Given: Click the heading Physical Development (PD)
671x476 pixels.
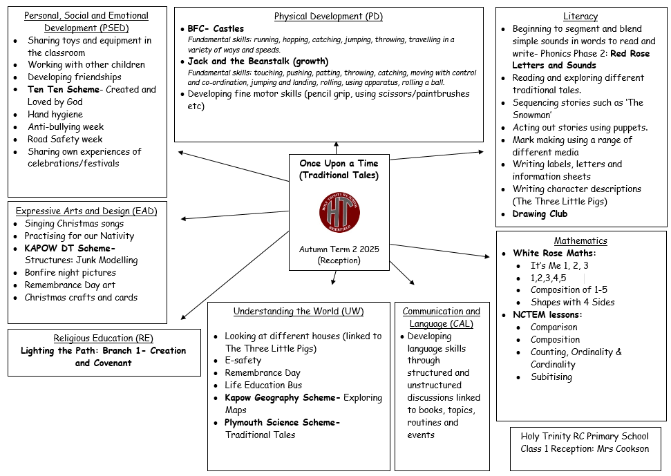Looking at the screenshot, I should pyautogui.click(x=328, y=17).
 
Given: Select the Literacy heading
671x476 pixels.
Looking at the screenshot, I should pyautogui.click(x=580, y=17).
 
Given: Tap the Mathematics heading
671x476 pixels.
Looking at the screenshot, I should pyautogui.click(x=580, y=241).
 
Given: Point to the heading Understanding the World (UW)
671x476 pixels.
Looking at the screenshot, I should pyautogui.click(x=299, y=312).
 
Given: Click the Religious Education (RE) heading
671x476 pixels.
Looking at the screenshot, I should pyautogui.click(x=103, y=339).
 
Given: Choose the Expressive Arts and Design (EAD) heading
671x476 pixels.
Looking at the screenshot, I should pyautogui.click(x=86, y=211).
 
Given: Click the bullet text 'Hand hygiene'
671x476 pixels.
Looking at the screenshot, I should pyautogui.click(x=55, y=115).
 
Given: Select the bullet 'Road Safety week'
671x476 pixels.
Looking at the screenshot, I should pyautogui.click(x=65, y=140).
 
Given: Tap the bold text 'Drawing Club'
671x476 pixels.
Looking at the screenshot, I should pyautogui.click(x=540, y=214).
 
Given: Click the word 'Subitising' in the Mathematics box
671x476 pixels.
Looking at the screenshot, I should pyautogui.click(x=551, y=377).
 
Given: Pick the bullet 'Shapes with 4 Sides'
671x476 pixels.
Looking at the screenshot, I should pyautogui.click(x=572, y=303).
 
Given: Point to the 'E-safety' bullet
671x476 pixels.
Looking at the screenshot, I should pyautogui.click(x=243, y=361).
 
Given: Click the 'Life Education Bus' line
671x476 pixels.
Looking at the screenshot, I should pyautogui.click(x=263, y=385).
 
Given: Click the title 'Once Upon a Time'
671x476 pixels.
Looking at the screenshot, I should pyautogui.click(x=339, y=164).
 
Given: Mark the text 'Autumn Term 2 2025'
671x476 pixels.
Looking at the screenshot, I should pyautogui.click(x=339, y=249).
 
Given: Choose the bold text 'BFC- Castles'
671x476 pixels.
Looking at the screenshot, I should pyautogui.click(x=216, y=29).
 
